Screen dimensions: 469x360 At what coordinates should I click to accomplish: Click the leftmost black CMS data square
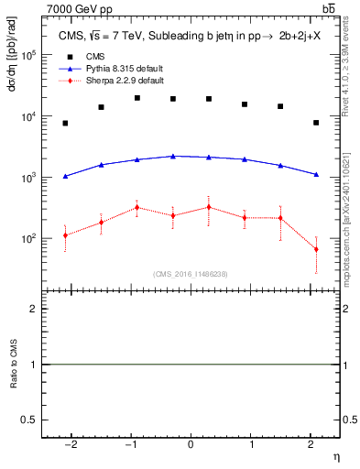[x=65, y=123]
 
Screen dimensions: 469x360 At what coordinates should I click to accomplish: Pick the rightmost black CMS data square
[x=316, y=123]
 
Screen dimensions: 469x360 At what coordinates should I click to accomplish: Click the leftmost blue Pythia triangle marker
[x=65, y=176]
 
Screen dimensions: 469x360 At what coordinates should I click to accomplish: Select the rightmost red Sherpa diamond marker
[x=316, y=249]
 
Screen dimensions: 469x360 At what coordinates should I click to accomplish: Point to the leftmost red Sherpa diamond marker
[x=65, y=235]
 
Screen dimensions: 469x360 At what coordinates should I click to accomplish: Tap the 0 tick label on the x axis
[x=191, y=445]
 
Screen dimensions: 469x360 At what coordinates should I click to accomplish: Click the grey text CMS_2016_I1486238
[x=191, y=274]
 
